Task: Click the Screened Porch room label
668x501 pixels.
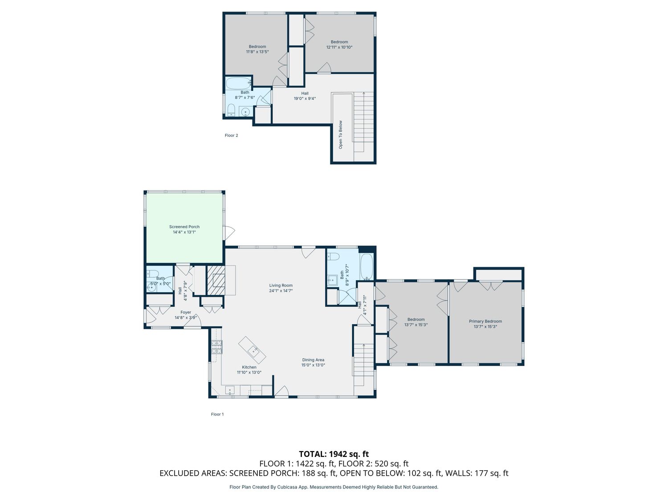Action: (x=184, y=227)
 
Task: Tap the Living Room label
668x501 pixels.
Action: (x=281, y=285)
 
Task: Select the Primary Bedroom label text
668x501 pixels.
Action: (x=485, y=321)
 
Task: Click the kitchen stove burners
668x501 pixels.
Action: (x=217, y=347)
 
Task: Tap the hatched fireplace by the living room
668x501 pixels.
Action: (x=216, y=280)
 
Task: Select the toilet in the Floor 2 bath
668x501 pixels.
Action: (x=231, y=110)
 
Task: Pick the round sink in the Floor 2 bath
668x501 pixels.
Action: (x=245, y=112)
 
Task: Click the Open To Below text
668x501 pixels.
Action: (x=341, y=135)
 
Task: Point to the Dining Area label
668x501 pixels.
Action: (x=313, y=360)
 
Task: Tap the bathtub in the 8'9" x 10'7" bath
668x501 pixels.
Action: (x=367, y=266)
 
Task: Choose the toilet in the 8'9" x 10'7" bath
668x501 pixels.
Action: (x=333, y=257)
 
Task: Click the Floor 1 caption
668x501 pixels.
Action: (x=217, y=414)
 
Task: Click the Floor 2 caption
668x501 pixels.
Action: (x=231, y=135)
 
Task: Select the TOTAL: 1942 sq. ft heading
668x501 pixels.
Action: (x=334, y=454)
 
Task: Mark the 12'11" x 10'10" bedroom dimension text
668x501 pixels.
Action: (x=339, y=47)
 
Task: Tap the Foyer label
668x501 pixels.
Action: (x=186, y=312)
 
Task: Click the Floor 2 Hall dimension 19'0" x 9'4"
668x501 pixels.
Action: (x=305, y=98)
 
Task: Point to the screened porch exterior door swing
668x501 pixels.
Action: (x=229, y=233)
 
